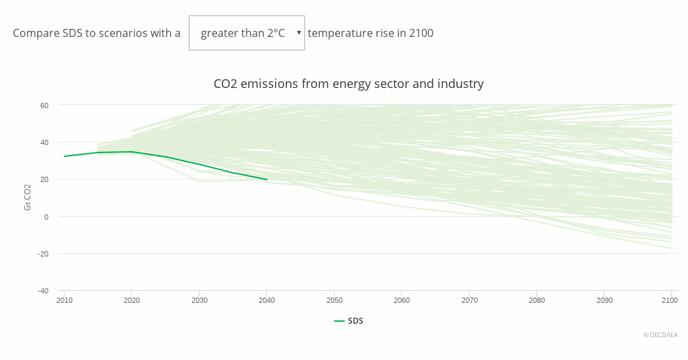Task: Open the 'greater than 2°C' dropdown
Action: (x=247, y=33)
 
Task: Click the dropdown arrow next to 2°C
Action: (x=298, y=33)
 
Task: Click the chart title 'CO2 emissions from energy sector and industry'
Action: (x=348, y=84)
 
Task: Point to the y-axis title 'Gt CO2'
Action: (x=28, y=197)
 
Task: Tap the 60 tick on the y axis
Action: (x=44, y=105)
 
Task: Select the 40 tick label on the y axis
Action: (x=44, y=142)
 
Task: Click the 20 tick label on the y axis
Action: (x=44, y=179)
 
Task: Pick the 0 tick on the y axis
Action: (x=46, y=216)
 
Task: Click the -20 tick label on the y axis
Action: (x=43, y=254)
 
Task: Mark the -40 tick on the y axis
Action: (x=43, y=291)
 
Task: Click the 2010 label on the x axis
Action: (x=64, y=300)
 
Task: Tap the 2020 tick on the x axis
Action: (x=132, y=300)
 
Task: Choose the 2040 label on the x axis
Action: (x=267, y=300)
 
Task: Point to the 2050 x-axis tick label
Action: (x=335, y=300)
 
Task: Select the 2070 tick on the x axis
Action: (x=469, y=300)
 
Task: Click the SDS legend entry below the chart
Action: (x=349, y=321)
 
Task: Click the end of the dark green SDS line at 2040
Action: (x=267, y=179)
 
